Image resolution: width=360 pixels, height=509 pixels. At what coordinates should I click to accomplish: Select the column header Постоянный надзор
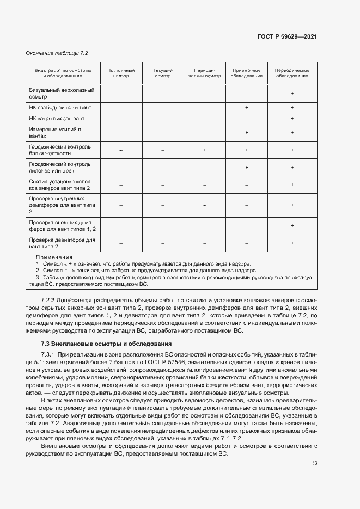[x=121, y=73]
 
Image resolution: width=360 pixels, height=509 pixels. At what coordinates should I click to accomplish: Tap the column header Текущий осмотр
[x=163, y=73]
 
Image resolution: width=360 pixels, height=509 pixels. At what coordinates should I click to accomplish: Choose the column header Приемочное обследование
[x=247, y=73]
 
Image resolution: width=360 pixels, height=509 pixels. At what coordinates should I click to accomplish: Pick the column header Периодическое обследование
[x=292, y=73]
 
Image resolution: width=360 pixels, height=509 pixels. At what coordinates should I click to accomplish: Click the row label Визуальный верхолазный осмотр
[x=61, y=94]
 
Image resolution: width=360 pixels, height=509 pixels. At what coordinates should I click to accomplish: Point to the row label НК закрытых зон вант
[x=57, y=118]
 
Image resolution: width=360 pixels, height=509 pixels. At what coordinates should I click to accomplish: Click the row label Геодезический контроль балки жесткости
[x=60, y=150]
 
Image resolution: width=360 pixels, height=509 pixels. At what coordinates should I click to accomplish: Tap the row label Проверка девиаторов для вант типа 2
[x=62, y=243]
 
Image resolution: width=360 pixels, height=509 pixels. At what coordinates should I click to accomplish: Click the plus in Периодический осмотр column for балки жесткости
[x=205, y=150]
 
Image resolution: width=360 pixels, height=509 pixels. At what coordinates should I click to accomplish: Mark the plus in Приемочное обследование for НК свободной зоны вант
[x=247, y=108]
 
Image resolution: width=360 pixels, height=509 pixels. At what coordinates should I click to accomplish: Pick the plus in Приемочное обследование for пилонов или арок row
[x=247, y=167]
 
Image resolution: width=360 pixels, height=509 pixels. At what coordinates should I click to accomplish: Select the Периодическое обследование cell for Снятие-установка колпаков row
[x=292, y=185]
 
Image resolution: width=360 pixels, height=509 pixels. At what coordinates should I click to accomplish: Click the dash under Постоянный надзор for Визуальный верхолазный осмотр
[x=121, y=94]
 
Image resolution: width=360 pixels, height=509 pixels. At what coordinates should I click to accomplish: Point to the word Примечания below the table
[x=54, y=257]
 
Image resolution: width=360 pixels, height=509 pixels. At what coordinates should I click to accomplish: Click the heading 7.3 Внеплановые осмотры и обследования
[x=106, y=344]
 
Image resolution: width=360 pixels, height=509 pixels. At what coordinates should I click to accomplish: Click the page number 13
[x=314, y=463]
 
